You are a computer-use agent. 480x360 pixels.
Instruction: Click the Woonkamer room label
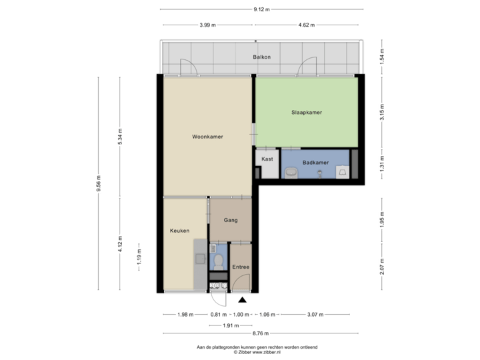[x=207, y=137]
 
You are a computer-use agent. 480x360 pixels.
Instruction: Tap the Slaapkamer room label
[x=307, y=113]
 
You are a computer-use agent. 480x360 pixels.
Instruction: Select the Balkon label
[x=261, y=57]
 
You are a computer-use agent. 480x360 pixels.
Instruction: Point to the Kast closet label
[x=267, y=159]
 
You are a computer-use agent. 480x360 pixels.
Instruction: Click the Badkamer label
[x=314, y=163]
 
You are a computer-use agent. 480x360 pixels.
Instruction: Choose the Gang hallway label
[x=231, y=219]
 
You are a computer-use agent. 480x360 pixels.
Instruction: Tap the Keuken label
[x=179, y=231]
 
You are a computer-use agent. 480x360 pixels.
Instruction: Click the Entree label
[x=241, y=267]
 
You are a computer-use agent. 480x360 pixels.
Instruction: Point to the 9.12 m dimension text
[x=261, y=9]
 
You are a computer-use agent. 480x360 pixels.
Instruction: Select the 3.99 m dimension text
[x=207, y=25]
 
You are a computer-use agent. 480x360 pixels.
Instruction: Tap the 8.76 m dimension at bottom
[x=261, y=333]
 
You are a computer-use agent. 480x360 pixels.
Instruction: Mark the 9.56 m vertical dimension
[x=99, y=183]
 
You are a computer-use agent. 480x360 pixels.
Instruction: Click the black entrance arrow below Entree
[x=241, y=299]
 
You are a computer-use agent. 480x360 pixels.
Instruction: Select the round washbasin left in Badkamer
[x=291, y=173]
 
